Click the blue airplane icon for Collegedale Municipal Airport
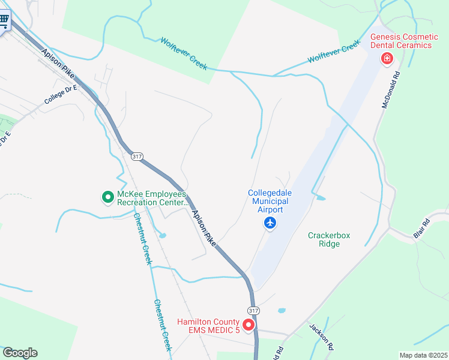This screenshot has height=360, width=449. click(270, 223)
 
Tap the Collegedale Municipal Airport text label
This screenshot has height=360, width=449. click(268, 202)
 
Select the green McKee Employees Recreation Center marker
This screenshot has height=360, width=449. click(107, 196)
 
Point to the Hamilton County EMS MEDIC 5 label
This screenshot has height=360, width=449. click(208, 326)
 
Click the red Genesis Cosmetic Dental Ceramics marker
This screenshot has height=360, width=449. click(387, 58)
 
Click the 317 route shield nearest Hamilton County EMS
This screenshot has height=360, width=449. click(253, 310)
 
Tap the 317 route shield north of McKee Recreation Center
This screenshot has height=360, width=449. click(135, 155)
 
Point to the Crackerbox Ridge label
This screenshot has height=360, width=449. click(328, 239)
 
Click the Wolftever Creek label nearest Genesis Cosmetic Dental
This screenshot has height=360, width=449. click(333, 52)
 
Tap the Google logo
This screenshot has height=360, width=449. click(20, 353)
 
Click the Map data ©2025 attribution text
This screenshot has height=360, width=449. click(423, 355)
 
